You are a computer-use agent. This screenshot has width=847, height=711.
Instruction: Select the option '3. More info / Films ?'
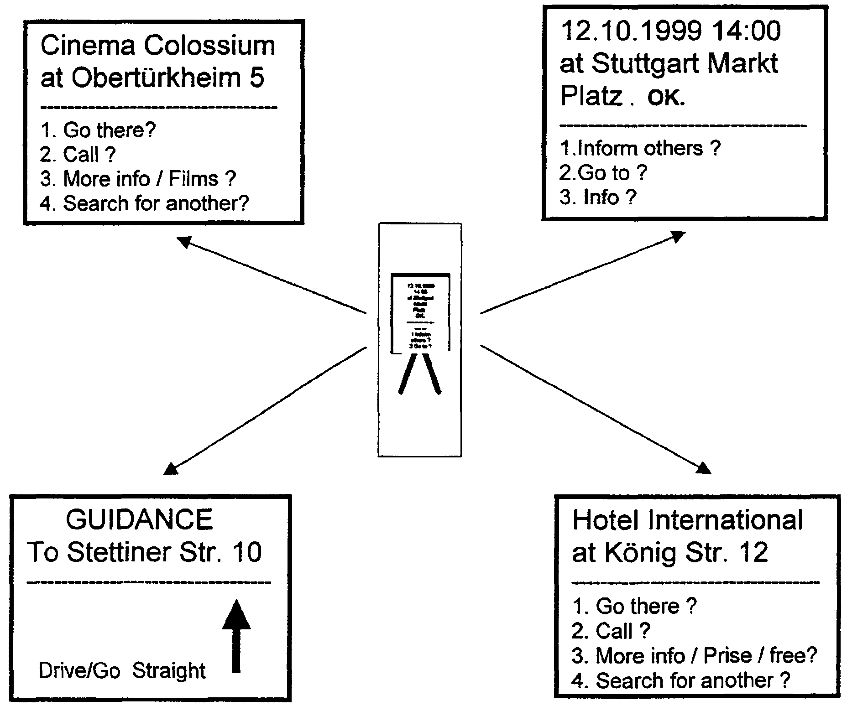[138, 179]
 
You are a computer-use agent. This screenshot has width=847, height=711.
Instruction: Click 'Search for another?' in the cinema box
[156, 203]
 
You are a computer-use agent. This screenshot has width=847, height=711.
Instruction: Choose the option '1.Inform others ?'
[640, 149]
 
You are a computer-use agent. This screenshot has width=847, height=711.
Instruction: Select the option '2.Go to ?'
[603, 173]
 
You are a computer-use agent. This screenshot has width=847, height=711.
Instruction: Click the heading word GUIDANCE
[139, 519]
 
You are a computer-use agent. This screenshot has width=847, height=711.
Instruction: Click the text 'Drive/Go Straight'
[122, 671]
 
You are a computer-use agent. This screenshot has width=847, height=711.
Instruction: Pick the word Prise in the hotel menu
[727, 656]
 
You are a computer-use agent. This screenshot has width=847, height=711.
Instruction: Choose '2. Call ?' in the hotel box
[611, 631]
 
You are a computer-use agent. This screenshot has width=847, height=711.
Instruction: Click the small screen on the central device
[420, 313]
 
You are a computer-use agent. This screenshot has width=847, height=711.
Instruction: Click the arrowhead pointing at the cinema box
[183, 242]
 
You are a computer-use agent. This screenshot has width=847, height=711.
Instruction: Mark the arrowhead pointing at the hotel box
[704, 468]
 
